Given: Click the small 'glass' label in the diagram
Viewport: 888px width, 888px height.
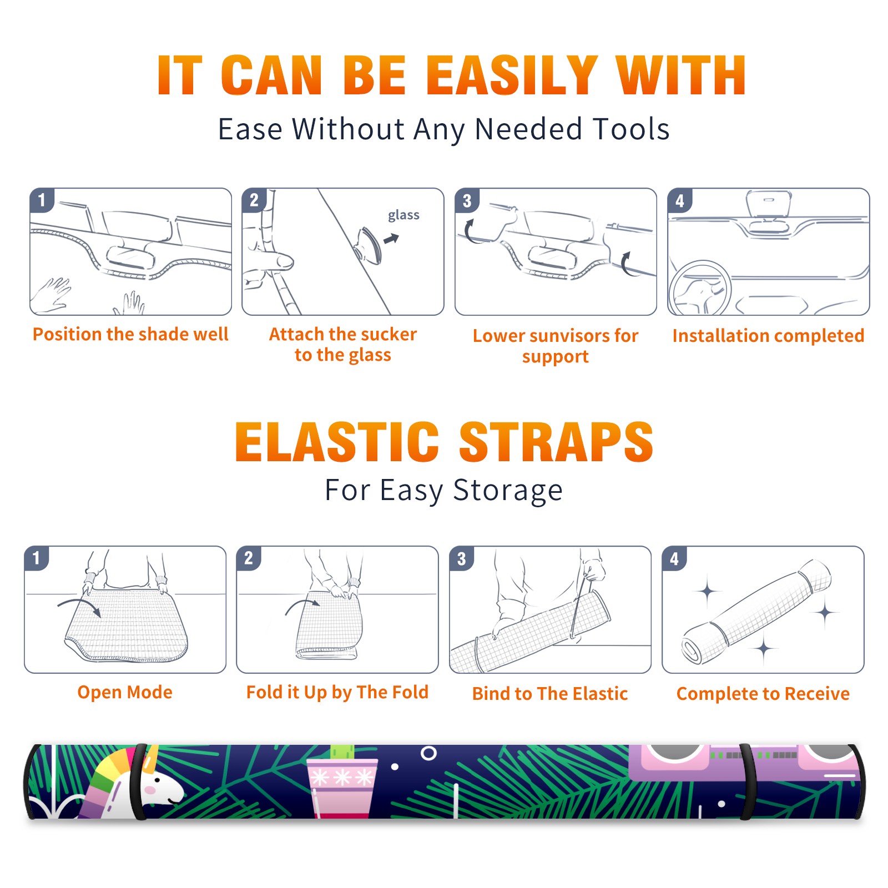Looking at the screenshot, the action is [403, 215].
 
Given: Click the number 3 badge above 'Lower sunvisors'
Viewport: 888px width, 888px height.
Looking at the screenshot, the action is [467, 200].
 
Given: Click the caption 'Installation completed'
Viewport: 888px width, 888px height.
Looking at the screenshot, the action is [768, 335].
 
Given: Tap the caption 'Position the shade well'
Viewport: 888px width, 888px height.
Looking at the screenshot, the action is [130, 334].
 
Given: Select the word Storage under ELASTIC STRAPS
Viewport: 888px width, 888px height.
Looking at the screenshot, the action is [507, 491].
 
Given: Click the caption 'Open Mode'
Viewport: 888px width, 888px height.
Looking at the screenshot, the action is [125, 692].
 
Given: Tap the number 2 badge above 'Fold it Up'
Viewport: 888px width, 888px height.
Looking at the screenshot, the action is [248, 558].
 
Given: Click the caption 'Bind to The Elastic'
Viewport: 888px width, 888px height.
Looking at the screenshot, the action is [549, 694].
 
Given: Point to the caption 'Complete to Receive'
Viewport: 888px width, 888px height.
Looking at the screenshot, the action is [763, 694].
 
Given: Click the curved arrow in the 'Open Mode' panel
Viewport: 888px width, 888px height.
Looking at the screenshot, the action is [79, 604].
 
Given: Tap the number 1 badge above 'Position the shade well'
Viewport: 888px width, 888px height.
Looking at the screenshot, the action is [42, 200].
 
